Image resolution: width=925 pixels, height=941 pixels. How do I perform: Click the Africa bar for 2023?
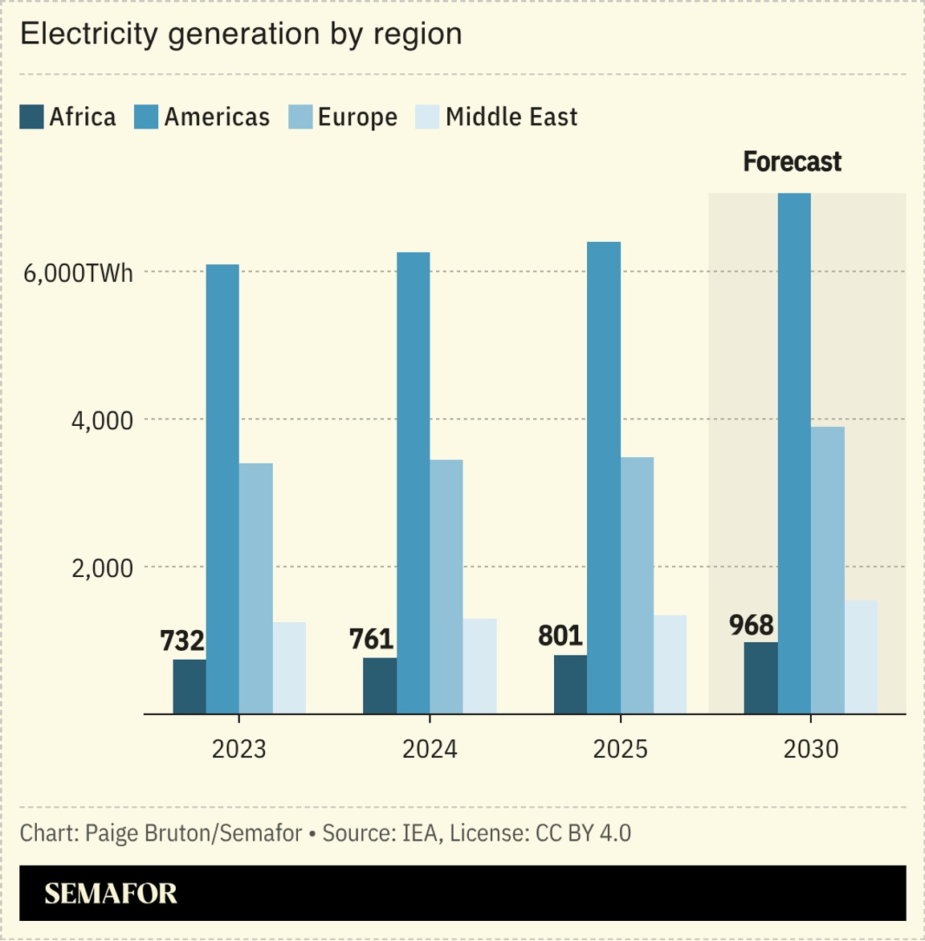[189, 686]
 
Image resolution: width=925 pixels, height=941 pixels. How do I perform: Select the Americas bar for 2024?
[413, 482]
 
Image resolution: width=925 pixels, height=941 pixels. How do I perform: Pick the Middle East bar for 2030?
[861, 657]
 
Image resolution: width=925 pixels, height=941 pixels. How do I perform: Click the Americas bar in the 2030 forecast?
[794, 453]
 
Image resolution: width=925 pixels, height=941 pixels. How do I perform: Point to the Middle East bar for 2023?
[289, 668]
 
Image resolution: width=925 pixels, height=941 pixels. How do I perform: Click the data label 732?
[182, 640]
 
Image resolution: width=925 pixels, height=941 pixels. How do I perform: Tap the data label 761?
[372, 639]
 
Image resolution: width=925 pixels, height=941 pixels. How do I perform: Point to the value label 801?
[560, 636]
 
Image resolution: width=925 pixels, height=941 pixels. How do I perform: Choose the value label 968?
[752, 625]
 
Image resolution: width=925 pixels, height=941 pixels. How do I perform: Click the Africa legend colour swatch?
[31, 117]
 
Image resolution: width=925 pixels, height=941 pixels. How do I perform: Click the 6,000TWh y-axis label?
[78, 273]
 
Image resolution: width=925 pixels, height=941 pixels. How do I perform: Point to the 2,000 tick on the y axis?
[102, 568]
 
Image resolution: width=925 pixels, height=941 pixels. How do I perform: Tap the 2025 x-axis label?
[620, 749]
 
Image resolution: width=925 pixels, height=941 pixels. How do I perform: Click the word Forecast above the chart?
[792, 162]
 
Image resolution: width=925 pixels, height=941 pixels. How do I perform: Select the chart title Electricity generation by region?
[241, 35]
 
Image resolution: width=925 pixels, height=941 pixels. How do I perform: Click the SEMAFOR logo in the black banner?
[111, 894]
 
